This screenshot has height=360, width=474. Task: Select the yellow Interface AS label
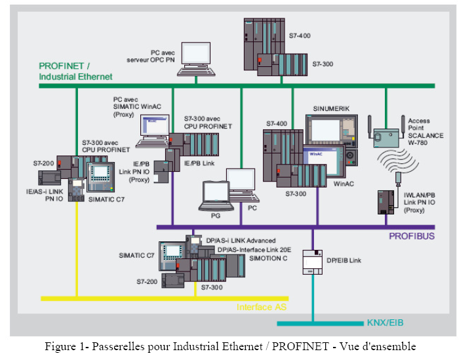click(x=262, y=306)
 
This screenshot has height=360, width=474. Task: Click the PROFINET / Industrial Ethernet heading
click(x=75, y=71)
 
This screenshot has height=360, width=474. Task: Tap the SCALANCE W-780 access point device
click(x=385, y=136)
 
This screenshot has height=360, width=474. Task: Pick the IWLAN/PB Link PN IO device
click(x=385, y=201)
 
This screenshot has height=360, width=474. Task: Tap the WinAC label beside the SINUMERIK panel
click(x=344, y=183)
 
